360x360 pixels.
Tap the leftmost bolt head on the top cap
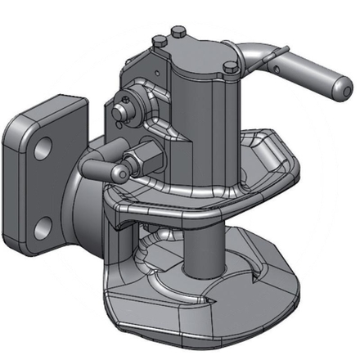tap(155, 38)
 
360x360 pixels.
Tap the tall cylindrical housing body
tap(205, 115)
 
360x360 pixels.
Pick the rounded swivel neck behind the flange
tap(86, 196)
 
